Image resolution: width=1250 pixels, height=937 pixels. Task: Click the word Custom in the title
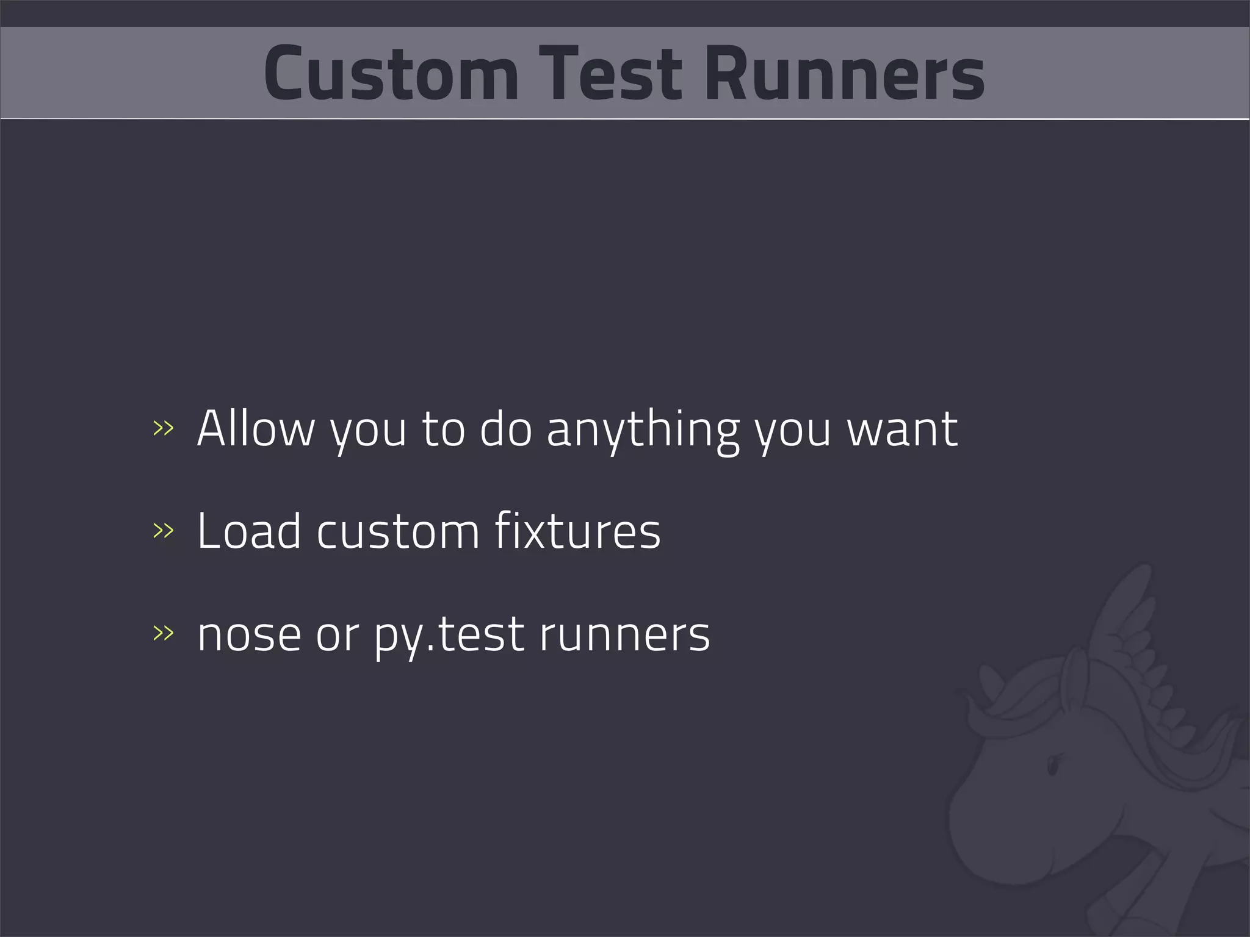(x=391, y=73)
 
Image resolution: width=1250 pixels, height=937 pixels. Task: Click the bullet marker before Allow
(x=163, y=428)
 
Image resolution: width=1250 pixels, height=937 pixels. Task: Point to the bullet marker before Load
(x=163, y=531)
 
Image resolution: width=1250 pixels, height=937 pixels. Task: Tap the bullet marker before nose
(x=163, y=633)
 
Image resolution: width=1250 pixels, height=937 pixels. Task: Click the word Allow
(x=255, y=428)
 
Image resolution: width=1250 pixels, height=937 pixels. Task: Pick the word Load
(x=249, y=531)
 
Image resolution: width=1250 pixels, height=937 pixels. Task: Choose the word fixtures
(x=577, y=531)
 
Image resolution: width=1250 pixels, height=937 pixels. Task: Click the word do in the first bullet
(x=505, y=428)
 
